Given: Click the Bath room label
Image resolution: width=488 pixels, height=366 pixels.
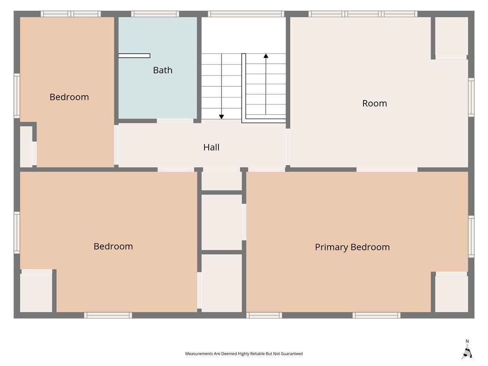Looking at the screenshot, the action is click(163, 70).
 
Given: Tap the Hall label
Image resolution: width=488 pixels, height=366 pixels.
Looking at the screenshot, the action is click(211, 147).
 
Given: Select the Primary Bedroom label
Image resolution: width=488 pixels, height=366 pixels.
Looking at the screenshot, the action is click(352, 247).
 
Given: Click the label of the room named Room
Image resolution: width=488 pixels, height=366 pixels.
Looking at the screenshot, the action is click(375, 103).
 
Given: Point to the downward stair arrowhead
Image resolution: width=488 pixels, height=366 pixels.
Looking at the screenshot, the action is click(222, 117).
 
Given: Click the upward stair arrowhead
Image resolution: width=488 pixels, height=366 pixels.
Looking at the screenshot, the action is click(266, 56).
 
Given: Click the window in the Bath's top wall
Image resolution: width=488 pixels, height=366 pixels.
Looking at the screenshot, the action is click(155, 14).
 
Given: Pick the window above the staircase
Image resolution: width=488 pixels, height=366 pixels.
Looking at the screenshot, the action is click(246, 14).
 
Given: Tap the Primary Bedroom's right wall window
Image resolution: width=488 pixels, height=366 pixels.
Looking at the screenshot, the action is click(471, 237).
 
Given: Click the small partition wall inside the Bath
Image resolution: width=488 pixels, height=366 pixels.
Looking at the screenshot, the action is click(134, 56).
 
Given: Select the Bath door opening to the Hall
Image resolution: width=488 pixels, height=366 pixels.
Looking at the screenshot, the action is click(175, 121).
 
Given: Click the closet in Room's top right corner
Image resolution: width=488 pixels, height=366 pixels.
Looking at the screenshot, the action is click(451, 36).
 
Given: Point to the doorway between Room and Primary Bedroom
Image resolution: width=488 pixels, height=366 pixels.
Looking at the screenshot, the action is click(387, 170).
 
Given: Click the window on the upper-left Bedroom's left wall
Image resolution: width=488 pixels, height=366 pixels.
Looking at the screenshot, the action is click(17, 96).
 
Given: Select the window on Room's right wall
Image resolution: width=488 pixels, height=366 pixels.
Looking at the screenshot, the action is click(471, 97).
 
